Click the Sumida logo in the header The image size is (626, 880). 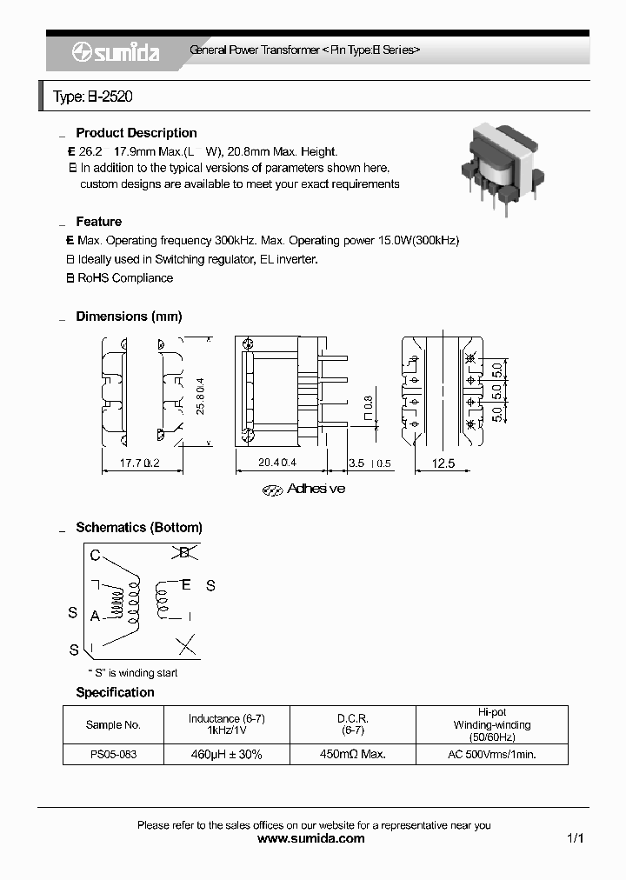point(115,53)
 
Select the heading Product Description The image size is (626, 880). point(137,133)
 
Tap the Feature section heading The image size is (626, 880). point(98,222)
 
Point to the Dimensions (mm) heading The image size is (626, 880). point(129,317)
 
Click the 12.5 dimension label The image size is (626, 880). point(443,464)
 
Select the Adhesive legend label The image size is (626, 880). point(316,489)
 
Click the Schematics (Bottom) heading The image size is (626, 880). point(139,527)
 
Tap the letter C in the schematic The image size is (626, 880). point(95,555)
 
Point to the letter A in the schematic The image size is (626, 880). point(95,615)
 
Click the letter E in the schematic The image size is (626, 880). point(185,585)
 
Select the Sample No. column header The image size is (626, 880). point(113,724)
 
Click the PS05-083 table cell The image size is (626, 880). point(113,754)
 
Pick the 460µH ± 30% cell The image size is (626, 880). point(226,754)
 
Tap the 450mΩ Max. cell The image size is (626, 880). point(353,754)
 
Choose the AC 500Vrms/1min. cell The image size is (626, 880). point(492,754)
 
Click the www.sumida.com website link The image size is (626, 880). point(312,839)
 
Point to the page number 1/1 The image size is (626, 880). point(575,839)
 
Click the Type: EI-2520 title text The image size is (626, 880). point(93,97)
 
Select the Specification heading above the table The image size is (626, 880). point(115,692)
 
